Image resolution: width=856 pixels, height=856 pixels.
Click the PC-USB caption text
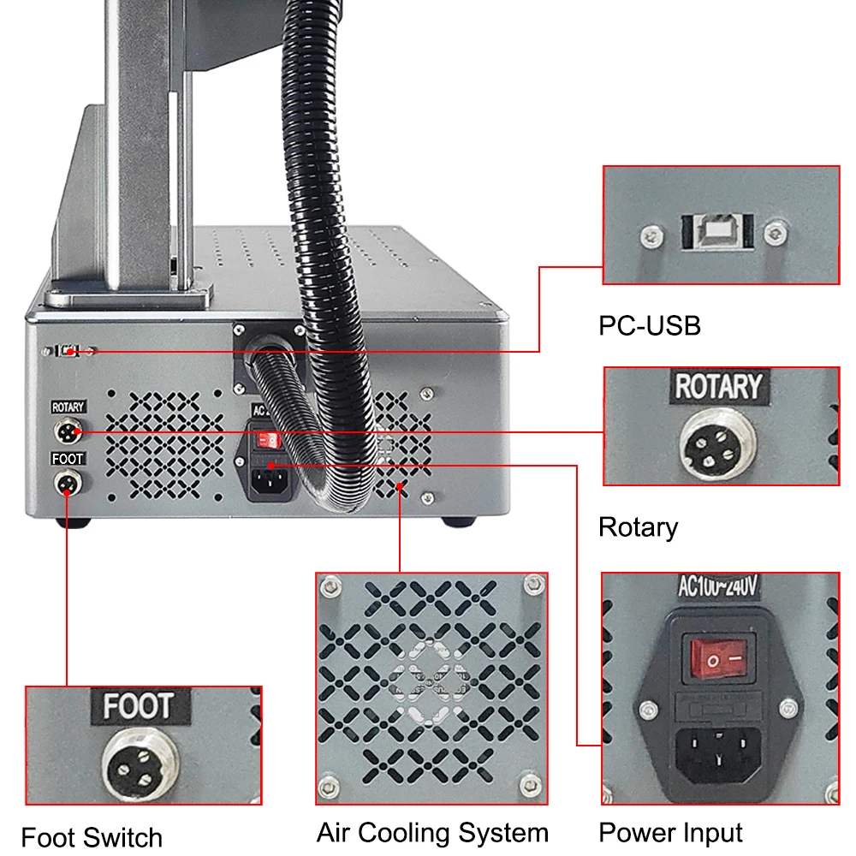coord(649,325)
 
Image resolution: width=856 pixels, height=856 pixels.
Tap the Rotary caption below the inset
coord(638,526)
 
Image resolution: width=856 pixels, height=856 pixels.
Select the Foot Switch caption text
coord(92,836)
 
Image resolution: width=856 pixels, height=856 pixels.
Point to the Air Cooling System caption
coord(432,832)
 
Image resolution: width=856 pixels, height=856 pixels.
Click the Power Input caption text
coord(670,832)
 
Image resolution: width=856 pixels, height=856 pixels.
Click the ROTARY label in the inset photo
coord(717,387)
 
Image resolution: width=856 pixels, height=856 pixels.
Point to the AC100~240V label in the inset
coord(717,587)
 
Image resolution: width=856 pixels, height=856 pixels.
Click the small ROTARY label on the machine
coord(68,407)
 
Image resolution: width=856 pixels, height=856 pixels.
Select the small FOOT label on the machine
coord(68,459)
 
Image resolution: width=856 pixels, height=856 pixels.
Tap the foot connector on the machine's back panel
coord(66,484)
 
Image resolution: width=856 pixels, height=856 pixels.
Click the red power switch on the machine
coord(269,439)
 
